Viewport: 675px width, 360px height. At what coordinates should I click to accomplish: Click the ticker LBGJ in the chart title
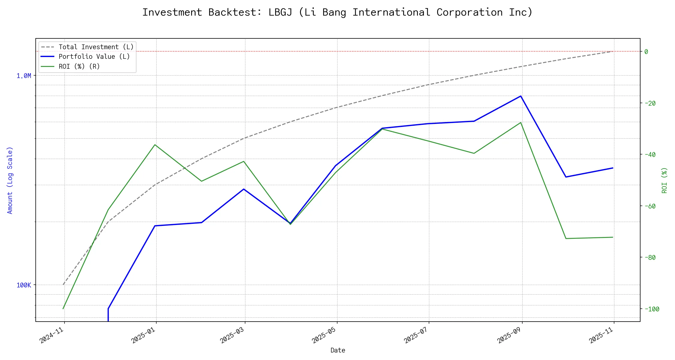point(280,12)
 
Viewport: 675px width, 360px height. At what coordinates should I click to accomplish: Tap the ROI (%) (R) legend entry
point(79,66)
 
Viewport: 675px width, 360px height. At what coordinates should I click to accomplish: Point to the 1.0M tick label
point(24,76)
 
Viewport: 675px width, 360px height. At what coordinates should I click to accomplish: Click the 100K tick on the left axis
point(24,285)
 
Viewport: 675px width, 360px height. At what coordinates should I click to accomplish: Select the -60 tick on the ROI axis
point(649,206)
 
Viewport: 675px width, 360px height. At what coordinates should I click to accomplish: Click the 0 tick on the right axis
point(646,52)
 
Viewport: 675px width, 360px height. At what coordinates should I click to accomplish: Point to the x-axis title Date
point(338,350)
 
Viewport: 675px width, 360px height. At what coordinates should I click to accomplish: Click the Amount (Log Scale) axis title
point(10,180)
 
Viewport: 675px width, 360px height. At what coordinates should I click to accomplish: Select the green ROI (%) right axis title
point(664,180)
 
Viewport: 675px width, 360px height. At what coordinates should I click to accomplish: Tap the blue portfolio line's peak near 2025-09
point(520,96)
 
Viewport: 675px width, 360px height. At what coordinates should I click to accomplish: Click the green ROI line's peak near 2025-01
point(155,145)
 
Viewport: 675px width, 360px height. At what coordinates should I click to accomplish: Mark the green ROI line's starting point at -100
point(63,309)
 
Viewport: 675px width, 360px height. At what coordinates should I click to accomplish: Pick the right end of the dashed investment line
point(612,51)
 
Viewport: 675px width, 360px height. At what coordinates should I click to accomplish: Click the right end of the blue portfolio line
point(613,168)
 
